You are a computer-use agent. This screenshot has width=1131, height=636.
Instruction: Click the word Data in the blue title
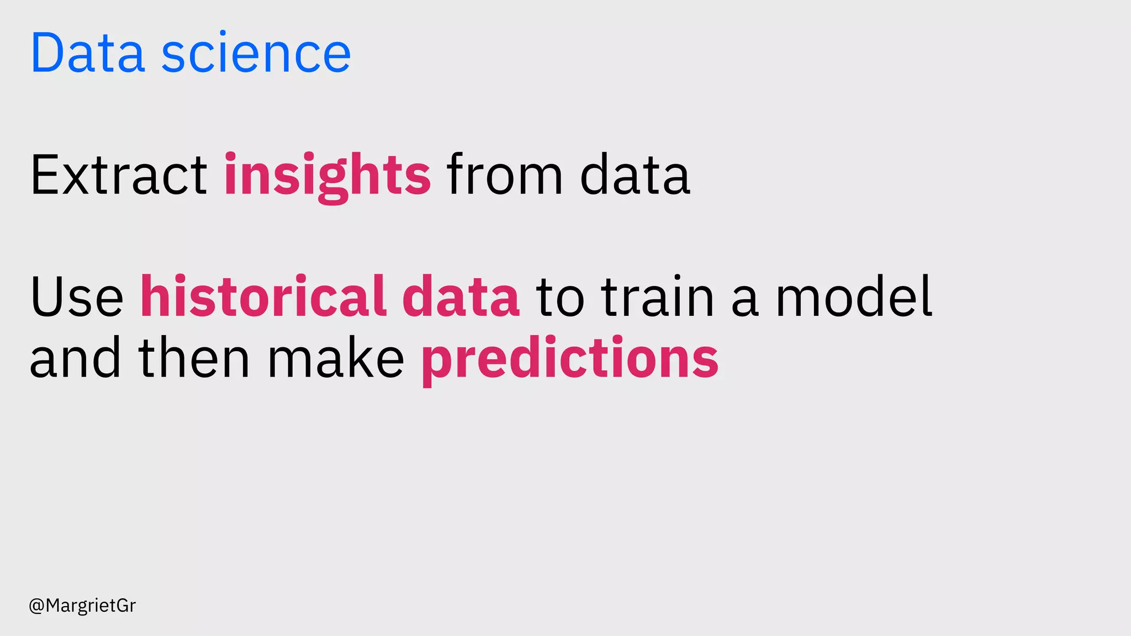coord(88,53)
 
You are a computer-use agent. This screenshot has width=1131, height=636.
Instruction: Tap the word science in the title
coord(256,53)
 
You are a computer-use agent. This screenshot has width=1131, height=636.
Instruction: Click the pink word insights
coord(327,176)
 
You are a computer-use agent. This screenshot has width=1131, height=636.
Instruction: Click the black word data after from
coord(635,176)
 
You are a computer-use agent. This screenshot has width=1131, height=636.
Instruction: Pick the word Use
coord(77,297)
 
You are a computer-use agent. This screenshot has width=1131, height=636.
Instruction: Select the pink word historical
coord(263,297)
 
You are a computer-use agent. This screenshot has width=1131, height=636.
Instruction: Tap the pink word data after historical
coord(461,297)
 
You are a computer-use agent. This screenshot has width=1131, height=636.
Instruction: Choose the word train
coord(658,297)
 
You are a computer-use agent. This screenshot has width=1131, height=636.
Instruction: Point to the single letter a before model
coord(745,301)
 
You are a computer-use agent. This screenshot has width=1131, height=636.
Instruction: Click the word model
coord(854,297)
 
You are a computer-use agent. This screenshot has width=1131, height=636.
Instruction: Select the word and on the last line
coord(75,359)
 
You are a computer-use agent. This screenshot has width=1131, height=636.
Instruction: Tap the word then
coord(194,359)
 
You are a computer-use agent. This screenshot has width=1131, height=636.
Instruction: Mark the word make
coord(336,359)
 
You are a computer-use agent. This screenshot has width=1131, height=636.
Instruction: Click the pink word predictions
coord(570,359)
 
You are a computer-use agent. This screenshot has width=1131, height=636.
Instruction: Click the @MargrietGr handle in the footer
coord(82,606)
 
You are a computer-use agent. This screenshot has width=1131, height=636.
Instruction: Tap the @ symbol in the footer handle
coord(36,606)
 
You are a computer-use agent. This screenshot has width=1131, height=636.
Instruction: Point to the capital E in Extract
coord(44,176)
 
